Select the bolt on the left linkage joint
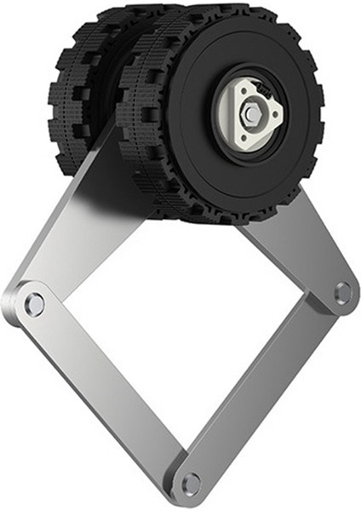(33, 303)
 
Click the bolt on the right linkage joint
(342, 292)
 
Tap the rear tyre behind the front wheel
(81, 94)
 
